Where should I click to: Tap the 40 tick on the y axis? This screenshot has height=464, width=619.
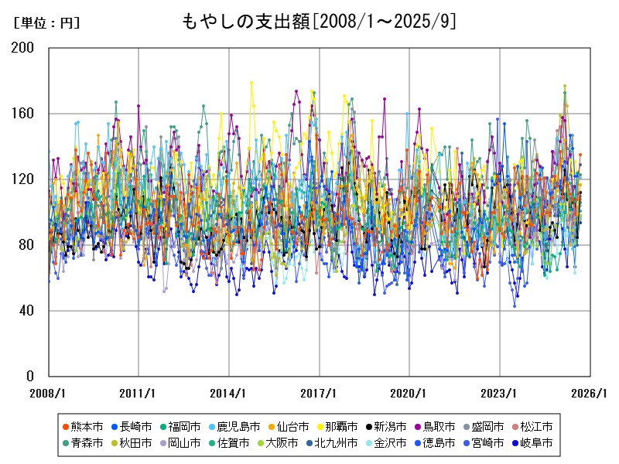(28, 311)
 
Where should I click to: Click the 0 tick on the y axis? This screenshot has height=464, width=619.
(31, 377)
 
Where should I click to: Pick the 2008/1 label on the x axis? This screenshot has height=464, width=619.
(49, 393)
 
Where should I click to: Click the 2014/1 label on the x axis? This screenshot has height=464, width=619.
(229, 393)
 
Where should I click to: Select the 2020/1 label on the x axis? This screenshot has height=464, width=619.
(409, 393)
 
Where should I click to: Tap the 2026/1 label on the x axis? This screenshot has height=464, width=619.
(590, 393)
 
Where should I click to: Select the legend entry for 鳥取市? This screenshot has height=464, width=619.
(434, 427)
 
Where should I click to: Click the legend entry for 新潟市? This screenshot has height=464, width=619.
(385, 427)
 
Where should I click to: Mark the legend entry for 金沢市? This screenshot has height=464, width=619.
(385, 444)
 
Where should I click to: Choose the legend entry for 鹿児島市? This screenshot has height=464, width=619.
(234, 427)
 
